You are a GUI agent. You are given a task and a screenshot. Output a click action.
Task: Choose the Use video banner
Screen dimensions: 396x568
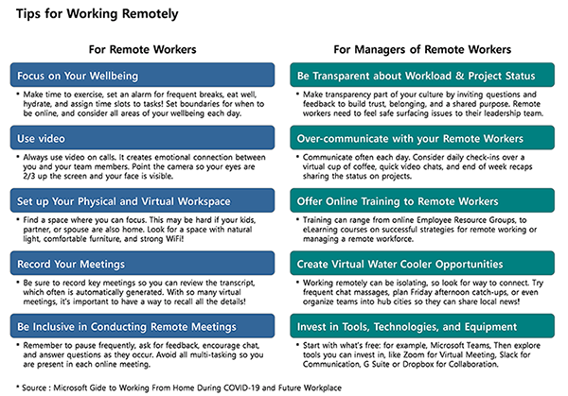coord(142,139)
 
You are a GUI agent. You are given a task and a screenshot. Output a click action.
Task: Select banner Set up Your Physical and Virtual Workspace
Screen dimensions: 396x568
coord(142,201)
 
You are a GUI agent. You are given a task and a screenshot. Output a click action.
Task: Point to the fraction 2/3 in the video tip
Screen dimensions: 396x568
coord(29,177)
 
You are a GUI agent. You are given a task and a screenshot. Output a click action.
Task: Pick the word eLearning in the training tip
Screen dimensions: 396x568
coord(326,231)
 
